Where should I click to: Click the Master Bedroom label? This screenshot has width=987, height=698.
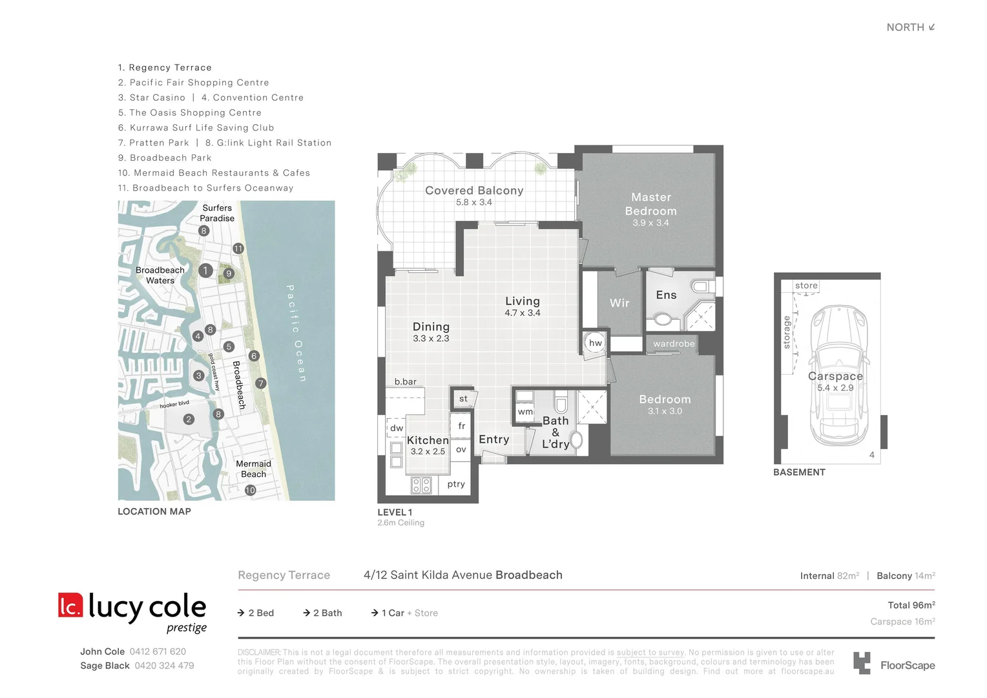click(x=650, y=204)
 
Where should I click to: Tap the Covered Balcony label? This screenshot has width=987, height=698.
click(x=474, y=191)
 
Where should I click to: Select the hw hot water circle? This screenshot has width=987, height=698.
click(x=595, y=343)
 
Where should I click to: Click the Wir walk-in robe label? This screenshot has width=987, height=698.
click(x=619, y=303)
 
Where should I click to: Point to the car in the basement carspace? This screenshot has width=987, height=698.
click(x=839, y=375)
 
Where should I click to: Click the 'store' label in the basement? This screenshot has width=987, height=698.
click(x=806, y=286)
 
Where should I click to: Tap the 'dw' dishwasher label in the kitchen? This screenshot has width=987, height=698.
click(x=397, y=428)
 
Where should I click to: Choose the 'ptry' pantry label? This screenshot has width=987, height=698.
click(x=456, y=484)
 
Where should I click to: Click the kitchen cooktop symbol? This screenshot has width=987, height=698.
click(x=421, y=485)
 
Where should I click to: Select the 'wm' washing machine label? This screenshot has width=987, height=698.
click(x=525, y=412)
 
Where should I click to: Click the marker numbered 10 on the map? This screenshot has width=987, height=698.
click(x=250, y=491)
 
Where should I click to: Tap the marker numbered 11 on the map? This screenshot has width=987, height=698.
click(x=238, y=249)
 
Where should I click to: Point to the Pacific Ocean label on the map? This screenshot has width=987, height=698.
click(x=296, y=333)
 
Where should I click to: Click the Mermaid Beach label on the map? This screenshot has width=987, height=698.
click(x=253, y=469)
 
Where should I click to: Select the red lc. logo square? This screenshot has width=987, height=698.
click(x=70, y=606)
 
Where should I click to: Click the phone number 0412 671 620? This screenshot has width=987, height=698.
click(x=158, y=651)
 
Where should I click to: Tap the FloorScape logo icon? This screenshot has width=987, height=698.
click(x=862, y=663)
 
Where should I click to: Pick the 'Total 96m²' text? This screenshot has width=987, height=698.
click(x=911, y=606)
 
